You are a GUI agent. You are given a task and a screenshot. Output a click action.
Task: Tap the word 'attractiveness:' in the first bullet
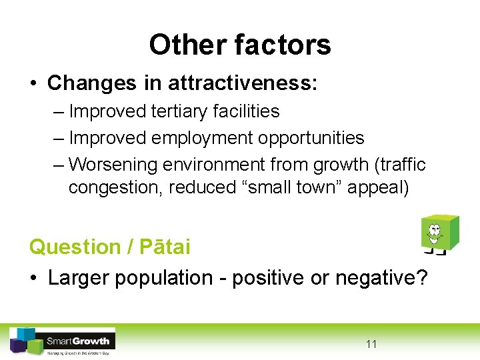(x=243, y=83)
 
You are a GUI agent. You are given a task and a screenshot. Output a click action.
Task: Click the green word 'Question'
(x=74, y=247)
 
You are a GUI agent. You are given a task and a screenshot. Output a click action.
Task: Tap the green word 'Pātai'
(x=165, y=247)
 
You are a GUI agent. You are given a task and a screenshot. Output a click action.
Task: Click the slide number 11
(x=371, y=344)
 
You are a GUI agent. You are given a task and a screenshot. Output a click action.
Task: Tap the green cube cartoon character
(x=439, y=234)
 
